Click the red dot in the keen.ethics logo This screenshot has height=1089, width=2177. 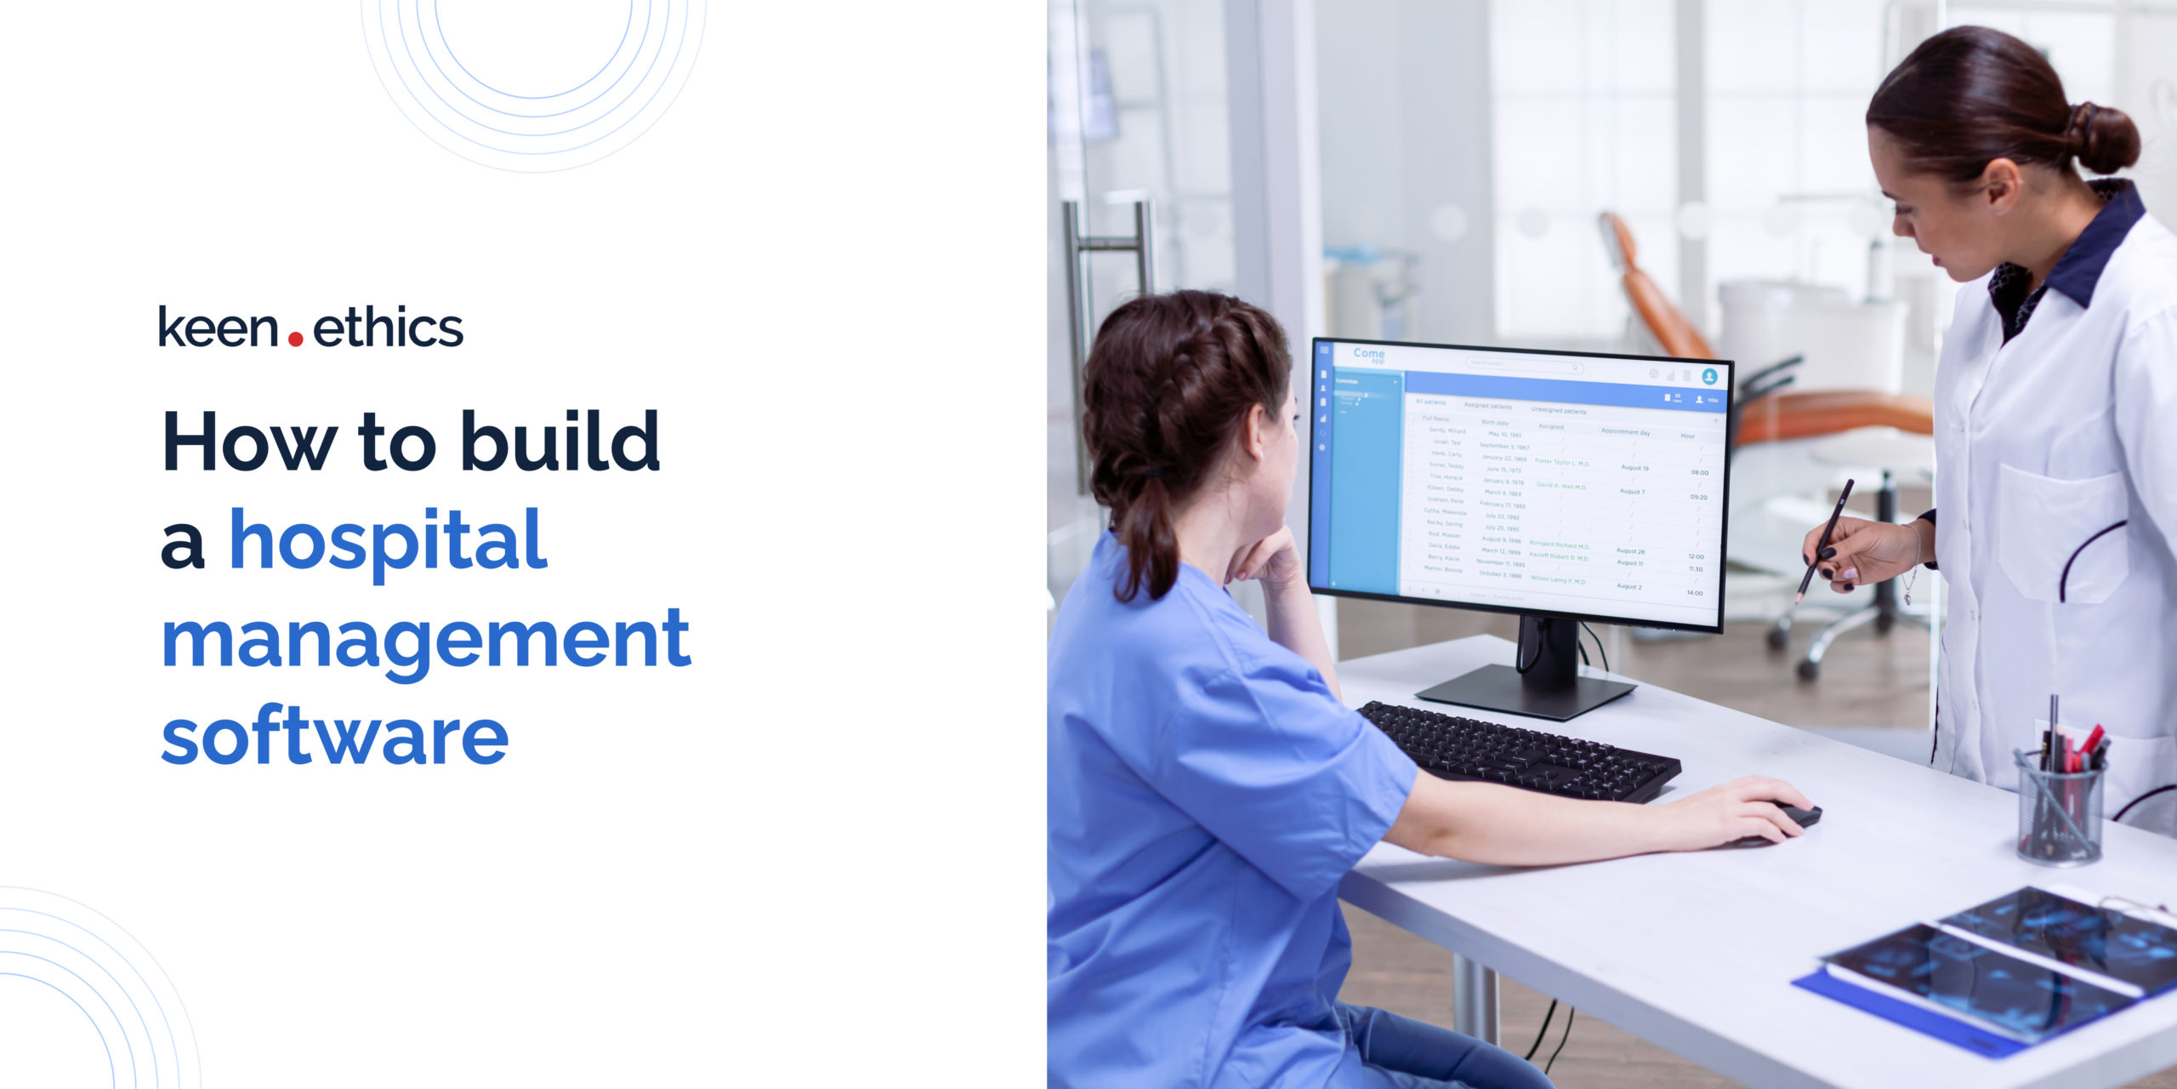point(295,339)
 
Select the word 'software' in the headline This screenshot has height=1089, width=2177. point(335,737)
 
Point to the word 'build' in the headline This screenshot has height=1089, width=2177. point(560,442)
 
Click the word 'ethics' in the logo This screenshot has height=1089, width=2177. point(388,328)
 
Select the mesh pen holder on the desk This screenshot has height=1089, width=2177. point(2059,808)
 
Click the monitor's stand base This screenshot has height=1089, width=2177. point(1526,691)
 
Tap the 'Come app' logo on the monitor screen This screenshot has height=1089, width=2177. point(1368,355)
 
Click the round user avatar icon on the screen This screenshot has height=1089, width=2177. point(1709,376)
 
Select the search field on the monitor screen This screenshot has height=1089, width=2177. point(1524,364)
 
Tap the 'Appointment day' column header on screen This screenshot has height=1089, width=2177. point(1625,432)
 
